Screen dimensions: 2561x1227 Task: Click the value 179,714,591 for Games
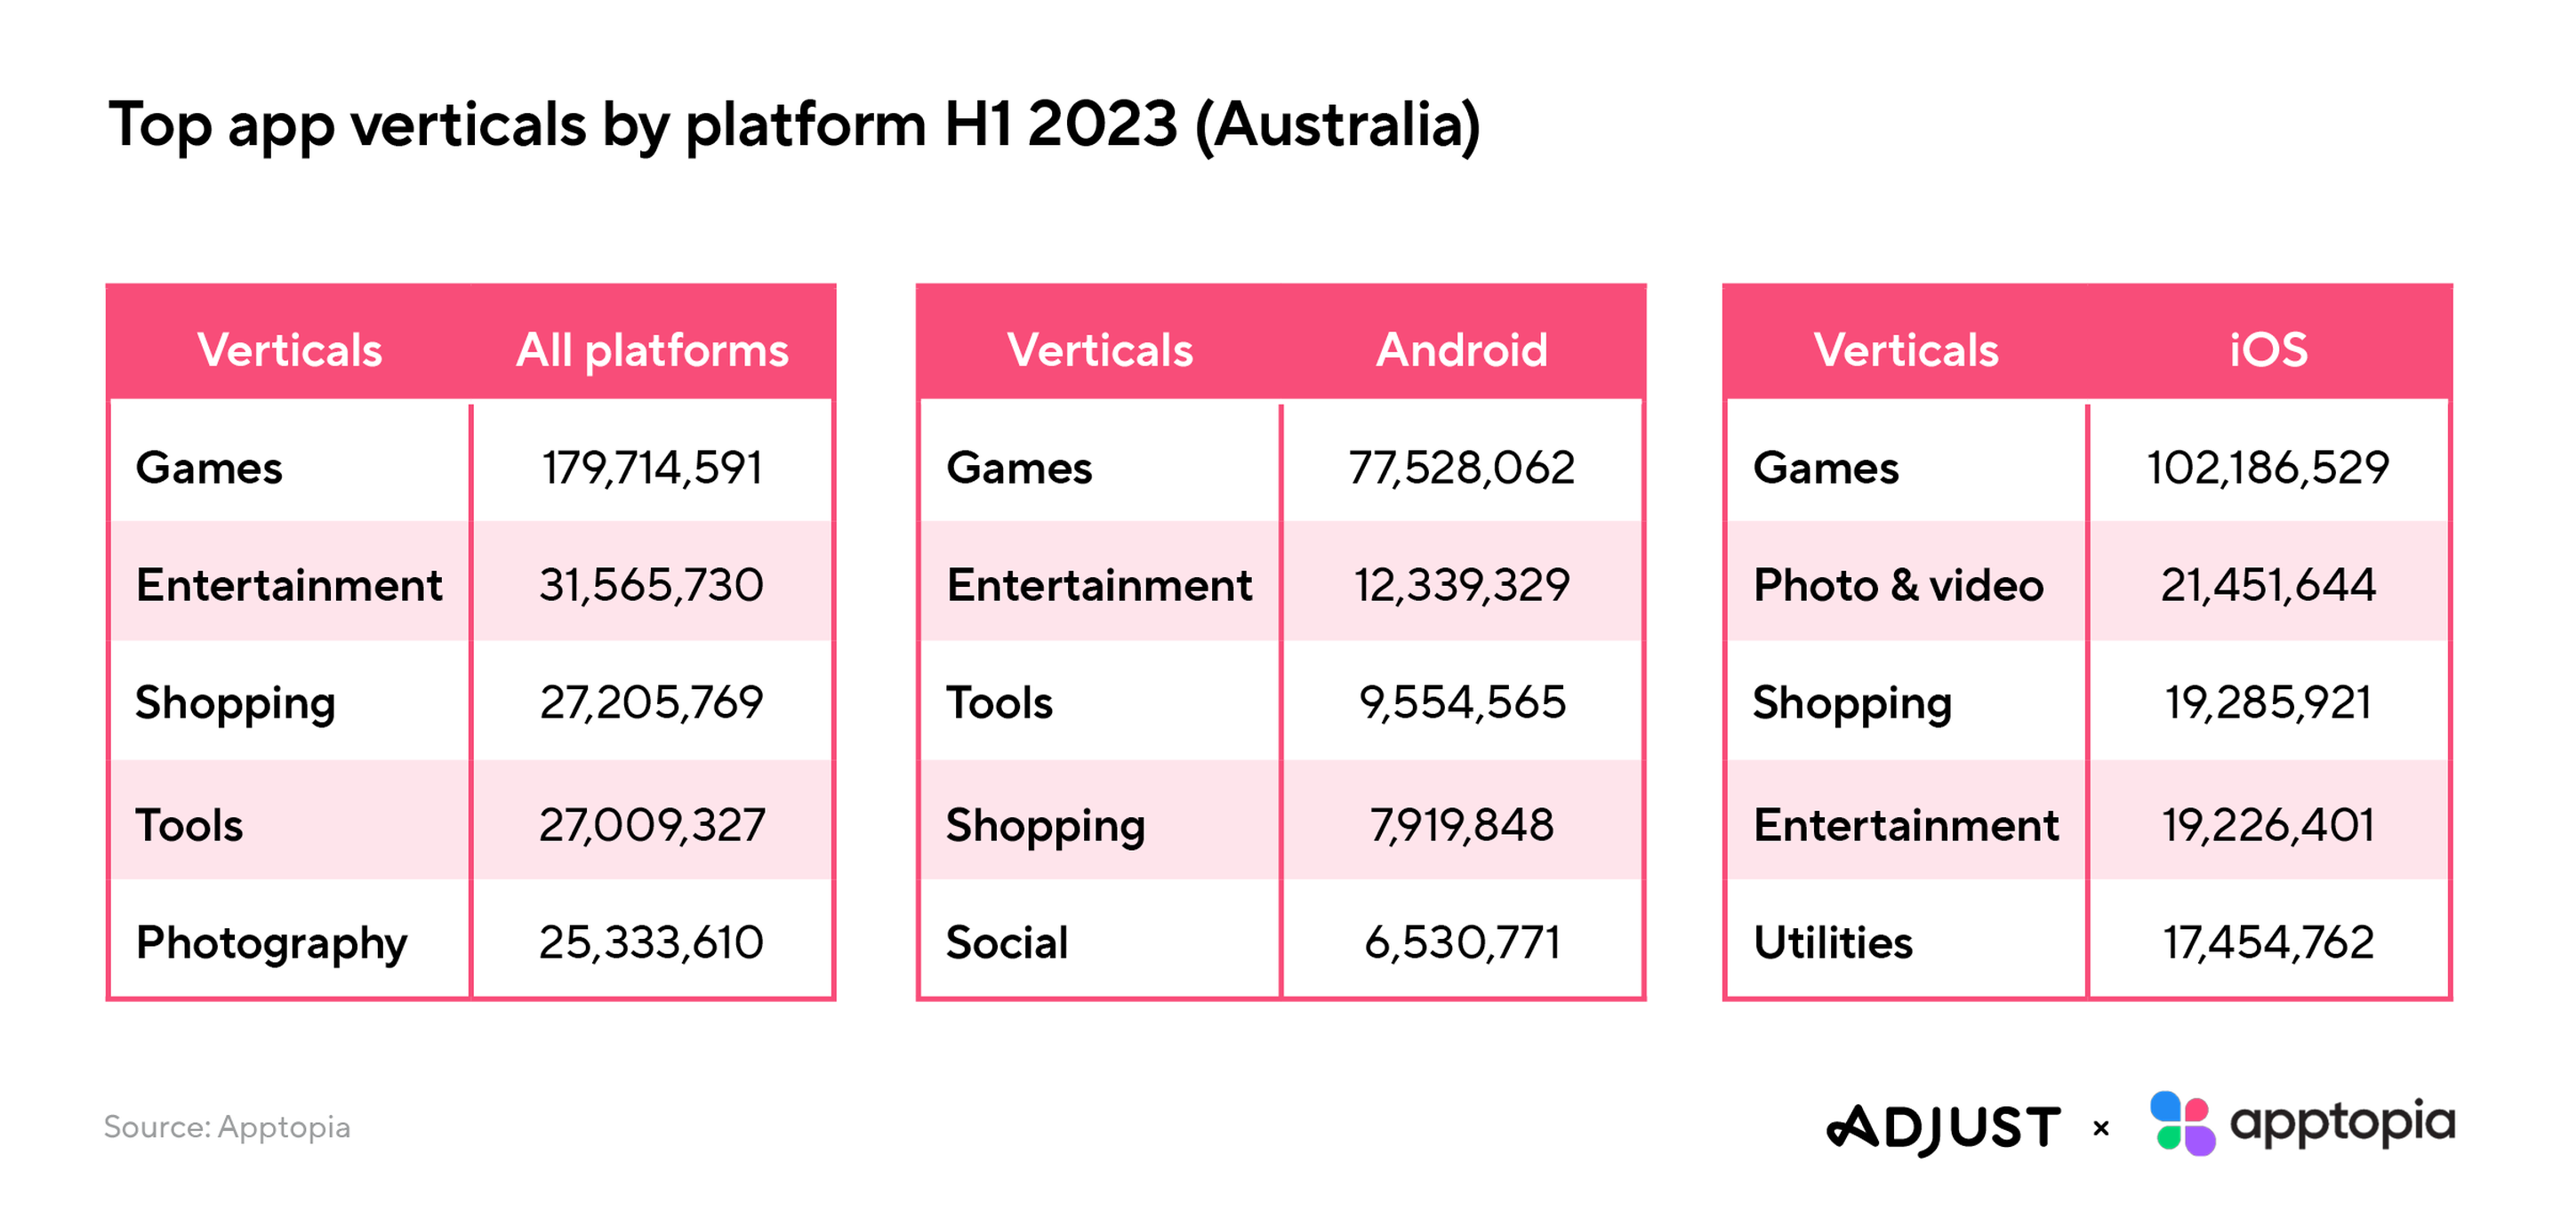coord(651,468)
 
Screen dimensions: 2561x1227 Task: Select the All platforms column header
coord(652,350)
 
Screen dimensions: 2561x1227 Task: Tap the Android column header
coord(1461,350)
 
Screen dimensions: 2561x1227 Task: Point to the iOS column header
coord(2268,350)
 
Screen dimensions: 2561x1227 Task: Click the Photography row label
coord(271,942)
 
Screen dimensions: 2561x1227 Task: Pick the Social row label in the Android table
coord(1008,942)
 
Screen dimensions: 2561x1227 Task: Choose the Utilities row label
coord(1832,942)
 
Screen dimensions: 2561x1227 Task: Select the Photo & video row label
coord(1898,585)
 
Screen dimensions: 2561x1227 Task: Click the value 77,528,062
coord(1461,468)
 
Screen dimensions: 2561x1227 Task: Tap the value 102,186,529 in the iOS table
coord(2268,468)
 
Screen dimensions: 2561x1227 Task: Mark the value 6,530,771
coord(1461,942)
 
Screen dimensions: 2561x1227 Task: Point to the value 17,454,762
coord(2268,942)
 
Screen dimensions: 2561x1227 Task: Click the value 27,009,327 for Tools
coord(651,824)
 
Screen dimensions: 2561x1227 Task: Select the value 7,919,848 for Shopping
coord(1461,824)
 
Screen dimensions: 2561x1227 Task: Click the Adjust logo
coord(1944,1128)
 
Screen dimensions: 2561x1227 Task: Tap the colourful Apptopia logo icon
coord(2182,1124)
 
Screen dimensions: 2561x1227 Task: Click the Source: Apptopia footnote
coord(227,1127)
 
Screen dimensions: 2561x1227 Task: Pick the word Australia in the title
coord(1337,125)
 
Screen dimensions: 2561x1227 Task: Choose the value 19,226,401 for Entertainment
coord(2268,824)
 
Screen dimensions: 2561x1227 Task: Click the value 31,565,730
coord(651,585)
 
